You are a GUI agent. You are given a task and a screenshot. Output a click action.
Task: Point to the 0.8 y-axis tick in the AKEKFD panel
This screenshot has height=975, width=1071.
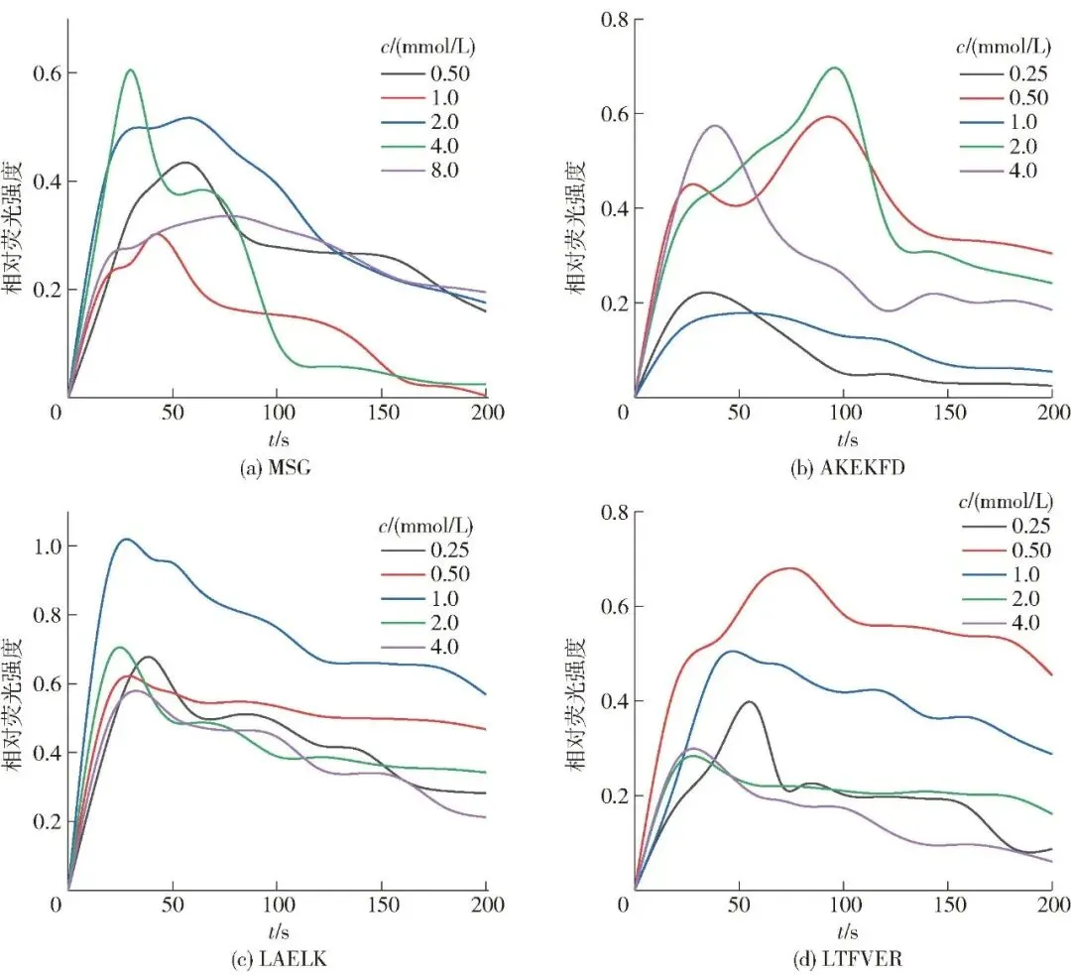pos(607,19)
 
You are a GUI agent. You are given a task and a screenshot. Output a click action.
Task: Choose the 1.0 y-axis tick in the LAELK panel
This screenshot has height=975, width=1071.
pos(41,547)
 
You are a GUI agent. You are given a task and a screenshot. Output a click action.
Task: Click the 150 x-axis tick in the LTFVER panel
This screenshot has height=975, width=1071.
pos(948,906)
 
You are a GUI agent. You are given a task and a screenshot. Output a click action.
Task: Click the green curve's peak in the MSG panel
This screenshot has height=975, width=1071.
pos(130,69)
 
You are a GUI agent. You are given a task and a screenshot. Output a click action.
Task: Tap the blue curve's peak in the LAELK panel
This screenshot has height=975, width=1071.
pos(126,539)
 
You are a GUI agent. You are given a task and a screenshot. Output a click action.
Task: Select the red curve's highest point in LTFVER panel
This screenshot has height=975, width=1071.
pos(790,568)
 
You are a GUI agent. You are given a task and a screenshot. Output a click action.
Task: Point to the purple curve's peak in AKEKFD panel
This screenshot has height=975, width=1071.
pos(714,126)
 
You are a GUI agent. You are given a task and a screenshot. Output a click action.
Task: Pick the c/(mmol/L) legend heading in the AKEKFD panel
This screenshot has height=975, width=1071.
pos(1004,47)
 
